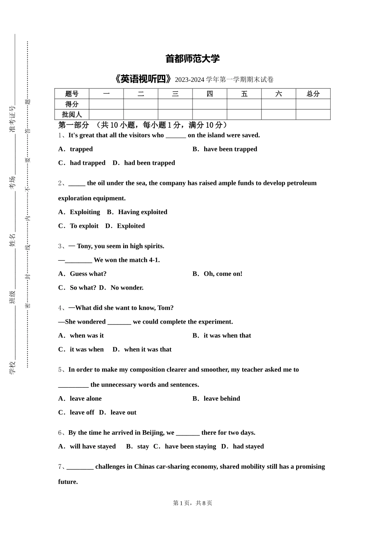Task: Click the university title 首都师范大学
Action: click(192, 59)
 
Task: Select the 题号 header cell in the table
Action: click(72, 94)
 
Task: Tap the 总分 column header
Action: click(313, 94)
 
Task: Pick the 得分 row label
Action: click(72, 104)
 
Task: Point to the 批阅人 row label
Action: click(72, 115)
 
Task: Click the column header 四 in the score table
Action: click(210, 94)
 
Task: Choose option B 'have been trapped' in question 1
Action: click(230, 149)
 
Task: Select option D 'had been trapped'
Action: click(149, 163)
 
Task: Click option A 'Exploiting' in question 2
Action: click(84, 212)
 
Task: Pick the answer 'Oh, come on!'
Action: click(222, 274)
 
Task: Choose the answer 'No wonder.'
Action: click(127, 288)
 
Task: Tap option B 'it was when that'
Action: click(227, 335)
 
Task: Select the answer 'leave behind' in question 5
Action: click(221, 399)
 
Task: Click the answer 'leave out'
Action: click(123, 412)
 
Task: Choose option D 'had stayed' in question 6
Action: click(248, 446)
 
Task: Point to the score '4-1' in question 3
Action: click(153, 260)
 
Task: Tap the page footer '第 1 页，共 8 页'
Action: click(192, 503)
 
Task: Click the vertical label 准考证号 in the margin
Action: click(12, 119)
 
